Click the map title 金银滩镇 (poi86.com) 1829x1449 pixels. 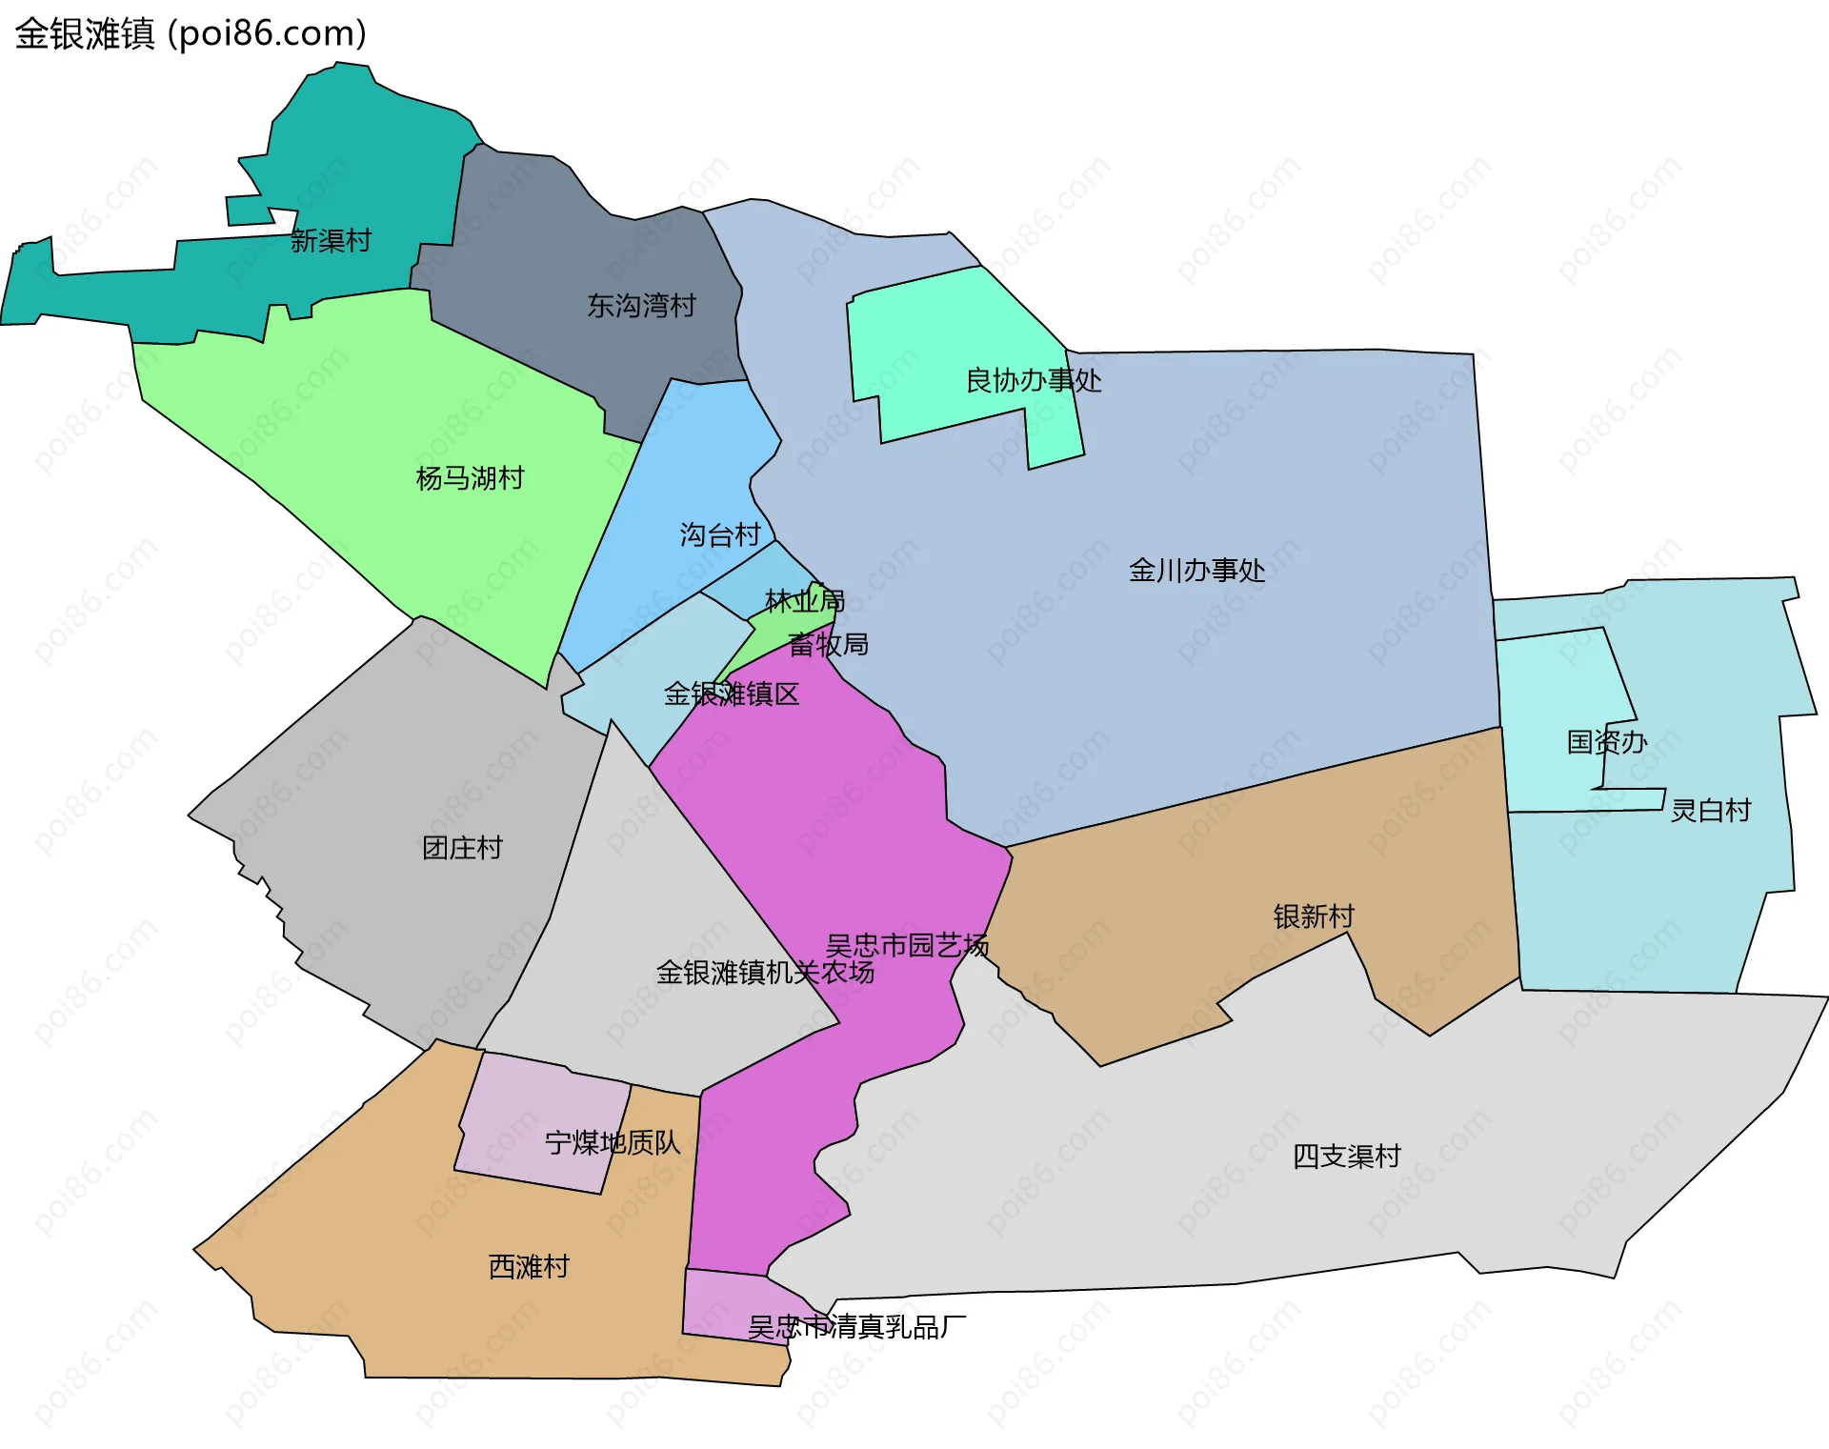click(191, 33)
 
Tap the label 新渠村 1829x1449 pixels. click(331, 240)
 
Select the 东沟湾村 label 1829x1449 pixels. click(641, 306)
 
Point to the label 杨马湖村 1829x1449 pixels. click(470, 477)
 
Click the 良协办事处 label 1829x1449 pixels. click(1034, 381)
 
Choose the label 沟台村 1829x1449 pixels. click(720, 534)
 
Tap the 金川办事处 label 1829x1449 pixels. click(1196, 571)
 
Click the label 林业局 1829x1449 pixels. click(805, 601)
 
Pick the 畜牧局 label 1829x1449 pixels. click(828, 645)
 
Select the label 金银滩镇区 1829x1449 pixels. click(732, 694)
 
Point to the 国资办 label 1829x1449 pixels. click(1607, 742)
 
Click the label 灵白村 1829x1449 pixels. click(1711, 811)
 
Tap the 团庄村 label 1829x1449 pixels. click(462, 848)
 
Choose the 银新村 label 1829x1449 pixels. click(1314, 916)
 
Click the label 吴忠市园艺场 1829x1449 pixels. click(907, 945)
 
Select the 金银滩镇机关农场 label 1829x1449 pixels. click(765, 973)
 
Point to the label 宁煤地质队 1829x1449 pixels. click(613, 1142)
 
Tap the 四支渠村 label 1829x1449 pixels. click(1347, 1157)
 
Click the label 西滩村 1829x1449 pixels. click(529, 1267)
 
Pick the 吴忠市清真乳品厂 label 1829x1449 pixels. click(856, 1327)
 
